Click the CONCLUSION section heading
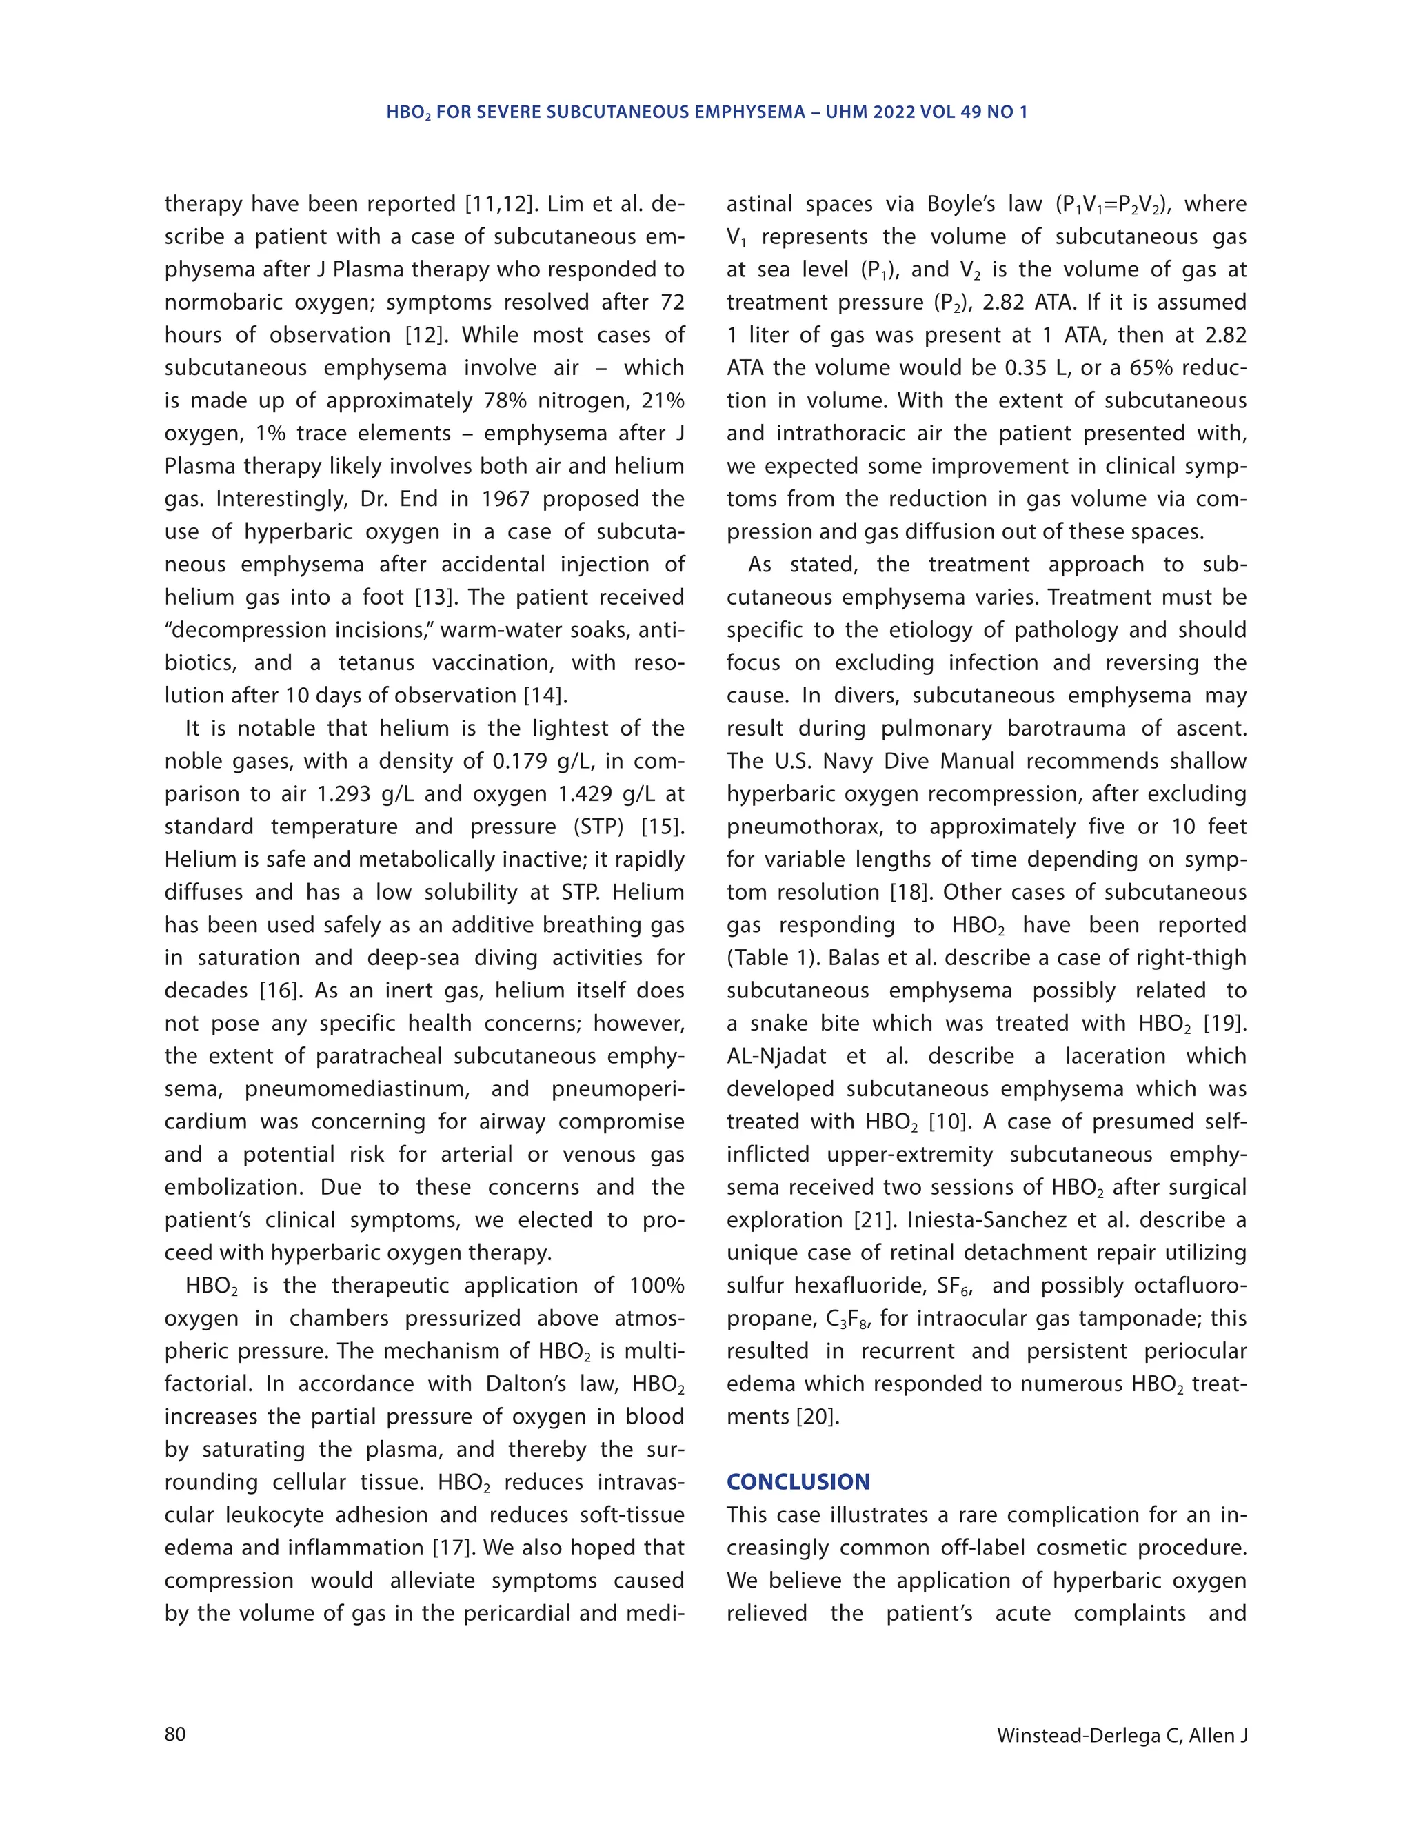pos(798,1481)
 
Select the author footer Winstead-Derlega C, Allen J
pos(1122,1735)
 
